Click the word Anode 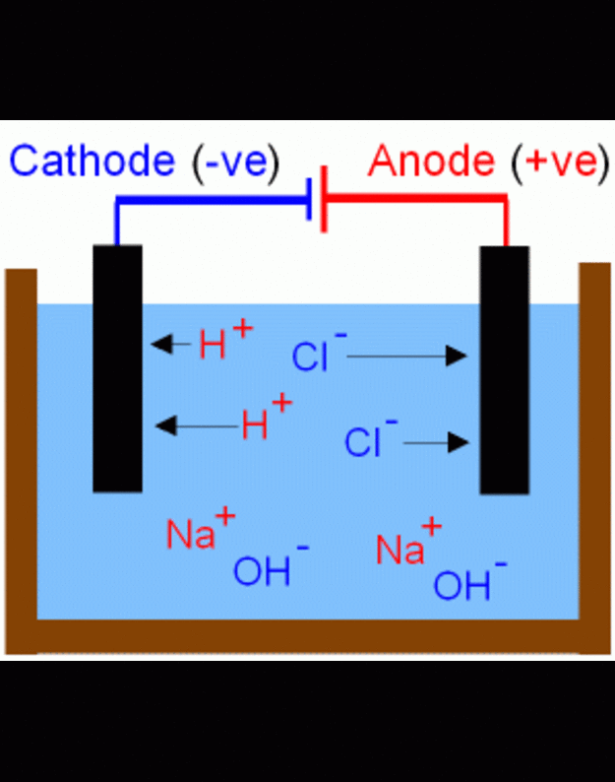(x=434, y=162)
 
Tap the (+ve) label (x=556, y=162)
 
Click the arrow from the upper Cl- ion (x=406, y=356)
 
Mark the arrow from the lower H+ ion (x=198, y=425)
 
